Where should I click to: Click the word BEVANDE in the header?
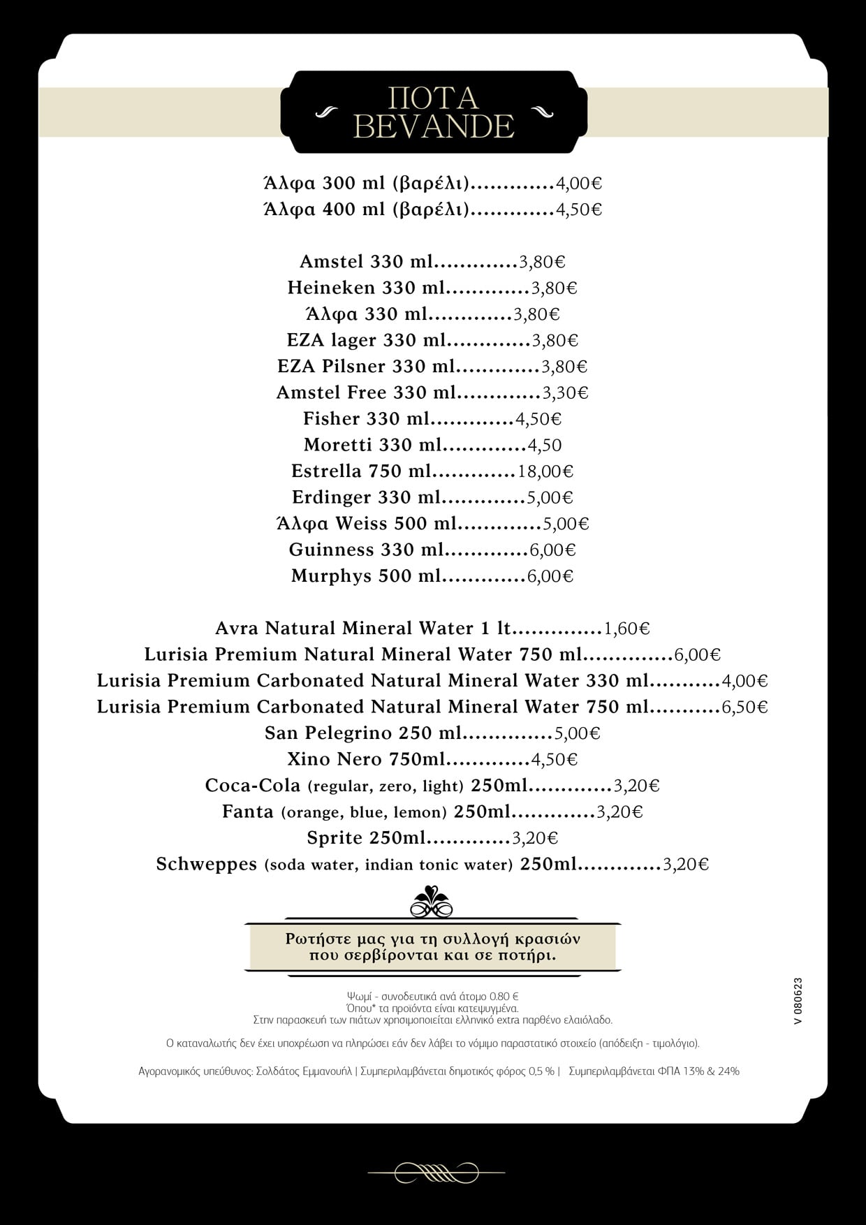pyautogui.click(x=434, y=126)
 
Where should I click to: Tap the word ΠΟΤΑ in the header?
pyautogui.click(x=434, y=98)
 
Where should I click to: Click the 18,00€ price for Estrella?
pyautogui.click(x=545, y=471)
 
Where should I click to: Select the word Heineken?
pyautogui.click(x=331, y=288)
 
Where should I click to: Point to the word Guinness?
pyautogui.click(x=332, y=550)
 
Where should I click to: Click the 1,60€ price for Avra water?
pyautogui.click(x=626, y=629)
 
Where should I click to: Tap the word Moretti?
pyautogui.click(x=338, y=445)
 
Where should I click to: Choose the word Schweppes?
pyautogui.click(x=207, y=865)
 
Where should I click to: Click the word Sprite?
pyautogui.click(x=335, y=838)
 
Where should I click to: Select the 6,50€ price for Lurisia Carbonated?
pyautogui.click(x=744, y=707)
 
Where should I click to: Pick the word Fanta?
pyautogui.click(x=248, y=812)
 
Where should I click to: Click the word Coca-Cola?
pyautogui.click(x=253, y=786)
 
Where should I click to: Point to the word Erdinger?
pyautogui.click(x=332, y=497)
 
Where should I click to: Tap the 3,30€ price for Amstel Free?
pyautogui.click(x=566, y=393)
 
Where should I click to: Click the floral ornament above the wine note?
pyautogui.click(x=432, y=901)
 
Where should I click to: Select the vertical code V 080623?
pyautogui.click(x=798, y=1001)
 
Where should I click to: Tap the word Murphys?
pyautogui.click(x=331, y=576)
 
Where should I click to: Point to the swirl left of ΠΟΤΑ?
pyautogui.click(x=326, y=112)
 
